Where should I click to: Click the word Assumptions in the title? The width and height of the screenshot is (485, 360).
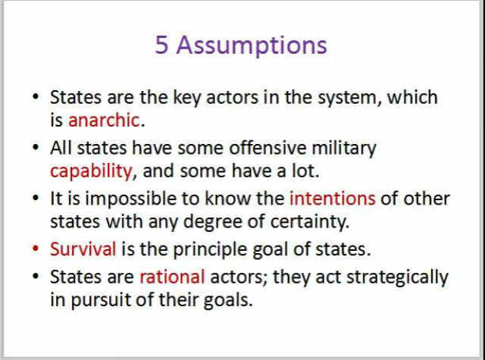coord(252,46)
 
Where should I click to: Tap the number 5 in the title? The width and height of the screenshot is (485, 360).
coord(161,45)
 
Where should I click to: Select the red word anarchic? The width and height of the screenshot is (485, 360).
coord(104,120)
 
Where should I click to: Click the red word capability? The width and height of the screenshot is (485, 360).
coord(91,171)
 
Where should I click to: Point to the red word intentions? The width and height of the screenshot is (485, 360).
coord(333,199)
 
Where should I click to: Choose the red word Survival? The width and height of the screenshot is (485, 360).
coord(83,249)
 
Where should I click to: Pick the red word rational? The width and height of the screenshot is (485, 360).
coord(172,277)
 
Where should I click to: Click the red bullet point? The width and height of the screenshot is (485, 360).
coord(36,249)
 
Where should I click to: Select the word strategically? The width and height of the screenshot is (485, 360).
coord(397,277)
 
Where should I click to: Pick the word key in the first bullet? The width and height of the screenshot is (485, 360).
coord(187,98)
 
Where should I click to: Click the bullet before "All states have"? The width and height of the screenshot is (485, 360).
coord(36,147)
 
